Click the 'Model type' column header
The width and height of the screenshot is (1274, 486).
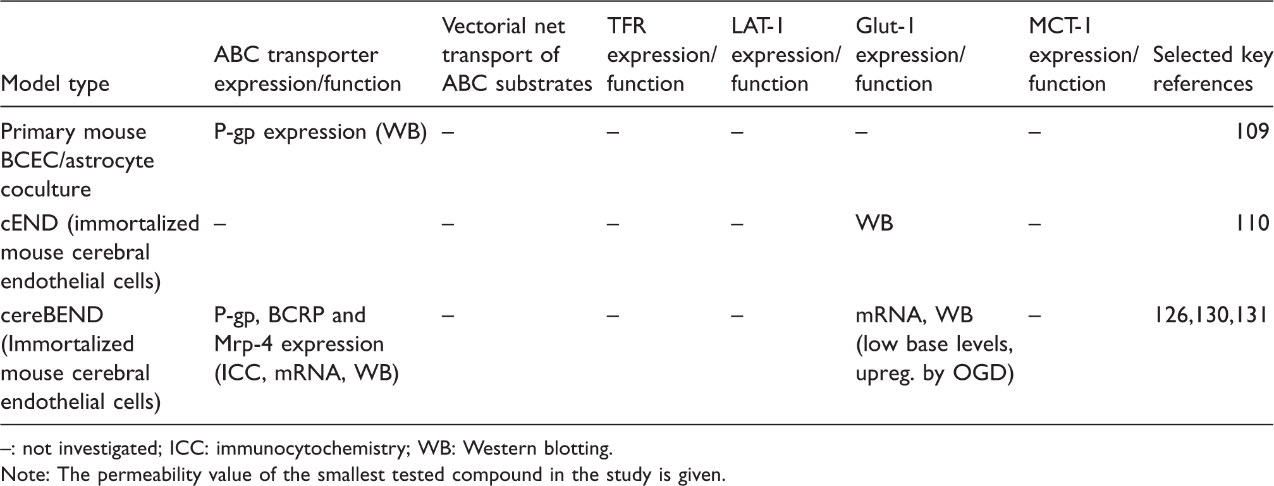coord(55,84)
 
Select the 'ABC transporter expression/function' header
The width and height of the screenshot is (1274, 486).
coord(307,70)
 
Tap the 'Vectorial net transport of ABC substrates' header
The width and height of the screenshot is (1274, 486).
coord(517,55)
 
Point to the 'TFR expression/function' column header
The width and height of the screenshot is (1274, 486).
coord(661,55)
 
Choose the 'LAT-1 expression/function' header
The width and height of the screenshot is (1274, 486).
coord(785,55)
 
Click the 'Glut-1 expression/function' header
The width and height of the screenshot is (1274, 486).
coord(910,55)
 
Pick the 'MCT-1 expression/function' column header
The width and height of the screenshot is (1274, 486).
coord(1083,55)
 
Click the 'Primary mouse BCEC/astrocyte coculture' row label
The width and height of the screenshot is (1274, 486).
coord(77,161)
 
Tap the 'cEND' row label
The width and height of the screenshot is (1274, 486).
coord(100,252)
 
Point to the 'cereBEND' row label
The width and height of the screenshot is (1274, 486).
coord(80,358)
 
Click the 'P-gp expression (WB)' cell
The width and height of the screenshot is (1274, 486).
coord(320,133)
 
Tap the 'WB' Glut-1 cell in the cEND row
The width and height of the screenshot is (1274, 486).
coord(874,223)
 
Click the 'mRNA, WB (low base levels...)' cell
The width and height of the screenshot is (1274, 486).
coord(934,344)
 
